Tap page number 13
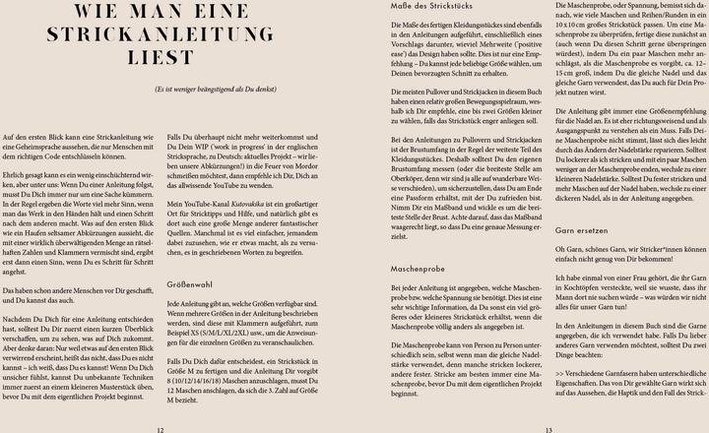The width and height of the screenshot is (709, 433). [x=548, y=429]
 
